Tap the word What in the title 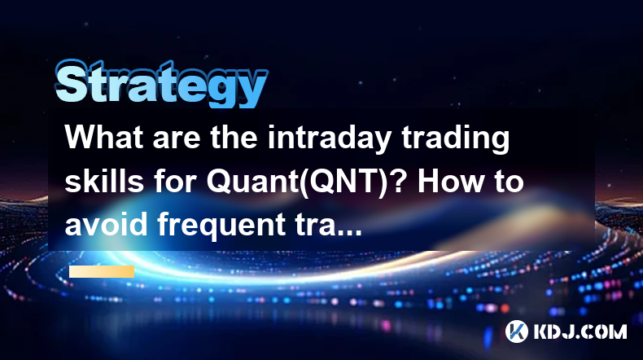pos(104,137)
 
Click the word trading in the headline pos(455,137)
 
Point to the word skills pos(104,181)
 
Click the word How pos(448,181)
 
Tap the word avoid pos(106,225)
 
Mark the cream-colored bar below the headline pos(102,272)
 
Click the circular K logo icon pos(516,331)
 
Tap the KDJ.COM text pos(580,331)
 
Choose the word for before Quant pos(175,181)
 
